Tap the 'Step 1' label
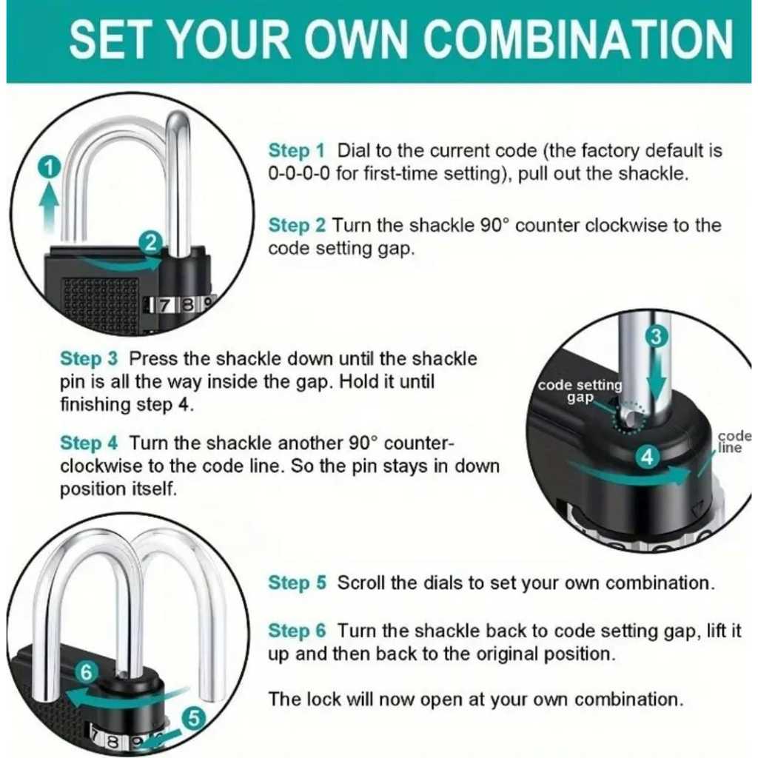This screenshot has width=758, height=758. click(296, 150)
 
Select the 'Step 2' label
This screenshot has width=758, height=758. click(296, 225)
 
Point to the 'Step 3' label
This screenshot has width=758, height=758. click(89, 359)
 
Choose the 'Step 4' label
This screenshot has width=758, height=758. click(89, 443)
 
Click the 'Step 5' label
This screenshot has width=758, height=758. click(297, 583)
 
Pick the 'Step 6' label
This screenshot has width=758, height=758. click(297, 631)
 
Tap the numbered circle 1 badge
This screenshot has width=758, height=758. click(49, 168)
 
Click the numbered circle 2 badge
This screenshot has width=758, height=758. click(151, 242)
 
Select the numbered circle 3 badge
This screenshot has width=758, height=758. click(656, 336)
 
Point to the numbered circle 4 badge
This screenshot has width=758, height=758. click(647, 457)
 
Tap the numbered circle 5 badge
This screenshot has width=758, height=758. click(193, 718)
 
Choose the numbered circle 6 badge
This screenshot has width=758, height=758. click(86, 672)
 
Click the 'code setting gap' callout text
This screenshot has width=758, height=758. click(580, 391)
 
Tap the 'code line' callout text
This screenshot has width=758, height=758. click(734, 442)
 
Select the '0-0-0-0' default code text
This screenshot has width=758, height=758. click(299, 173)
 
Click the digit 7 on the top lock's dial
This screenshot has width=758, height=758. click(164, 306)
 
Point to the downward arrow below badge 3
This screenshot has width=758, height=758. click(657, 379)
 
